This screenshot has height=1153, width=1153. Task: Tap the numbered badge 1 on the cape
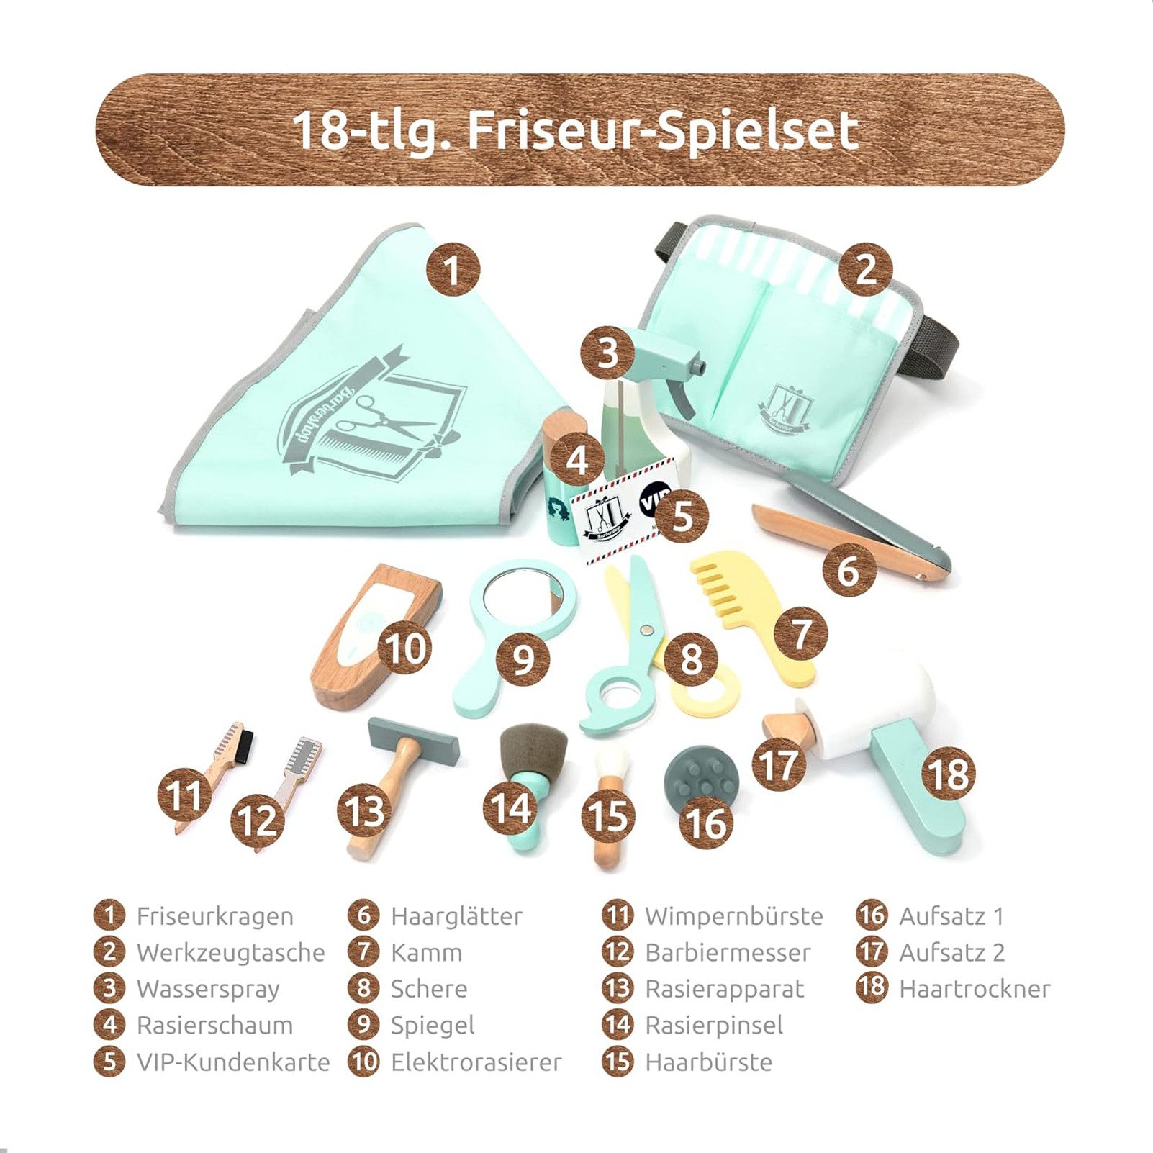tap(452, 270)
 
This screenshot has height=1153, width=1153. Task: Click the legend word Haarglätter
tap(456, 916)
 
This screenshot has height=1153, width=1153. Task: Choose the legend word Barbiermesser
tap(728, 952)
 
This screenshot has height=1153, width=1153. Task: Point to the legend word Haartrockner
tap(974, 989)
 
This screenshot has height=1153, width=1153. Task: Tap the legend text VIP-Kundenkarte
tap(232, 1062)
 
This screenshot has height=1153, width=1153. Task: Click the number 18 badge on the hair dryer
tap(949, 774)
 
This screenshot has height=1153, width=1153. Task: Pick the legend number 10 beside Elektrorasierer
tap(363, 1062)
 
